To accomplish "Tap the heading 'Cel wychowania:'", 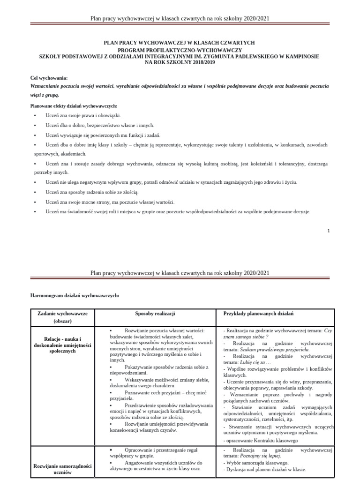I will (x=49, y=78).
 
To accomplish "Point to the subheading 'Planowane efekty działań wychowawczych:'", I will (x=74, y=106).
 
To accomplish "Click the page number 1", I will (x=329, y=231).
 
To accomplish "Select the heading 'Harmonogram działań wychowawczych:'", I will (x=75, y=296).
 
